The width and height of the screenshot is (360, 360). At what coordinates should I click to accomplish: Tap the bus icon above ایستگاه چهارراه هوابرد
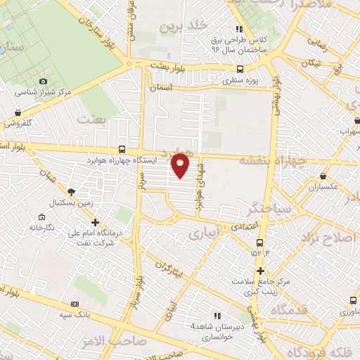pos(123,149)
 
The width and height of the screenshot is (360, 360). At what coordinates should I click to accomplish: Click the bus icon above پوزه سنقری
pos(240,70)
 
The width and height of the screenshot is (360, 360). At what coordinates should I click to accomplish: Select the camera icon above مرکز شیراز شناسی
pos(44,82)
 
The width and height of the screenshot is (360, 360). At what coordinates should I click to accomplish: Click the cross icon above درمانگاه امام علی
pos(95,222)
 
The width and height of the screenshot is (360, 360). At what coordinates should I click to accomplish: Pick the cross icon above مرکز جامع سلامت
pos(260,271)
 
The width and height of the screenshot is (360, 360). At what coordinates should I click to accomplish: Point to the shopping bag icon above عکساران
pos(323,176)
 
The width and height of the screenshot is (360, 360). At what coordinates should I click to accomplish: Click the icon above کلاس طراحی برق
pos(239,30)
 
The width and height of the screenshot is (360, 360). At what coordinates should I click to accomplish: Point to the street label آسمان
pos(162,88)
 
